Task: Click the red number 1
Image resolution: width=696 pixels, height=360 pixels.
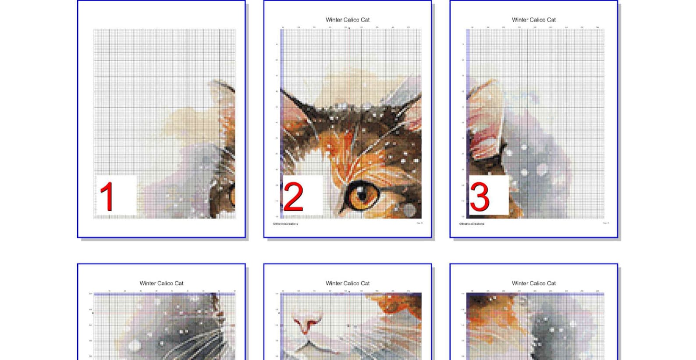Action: click(107, 196)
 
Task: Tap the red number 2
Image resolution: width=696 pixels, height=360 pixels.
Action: click(293, 197)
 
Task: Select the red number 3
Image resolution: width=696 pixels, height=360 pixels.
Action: click(479, 197)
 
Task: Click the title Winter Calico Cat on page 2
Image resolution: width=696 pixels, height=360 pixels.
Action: click(348, 20)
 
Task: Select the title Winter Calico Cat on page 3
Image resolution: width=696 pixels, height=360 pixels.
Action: click(533, 20)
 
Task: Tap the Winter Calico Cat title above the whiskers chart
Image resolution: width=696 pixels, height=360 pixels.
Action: click(161, 283)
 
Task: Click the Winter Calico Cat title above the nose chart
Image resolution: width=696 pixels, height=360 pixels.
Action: click(348, 283)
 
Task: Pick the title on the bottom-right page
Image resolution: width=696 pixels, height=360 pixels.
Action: click(533, 283)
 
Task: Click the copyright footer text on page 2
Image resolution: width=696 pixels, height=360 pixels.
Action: click(286, 224)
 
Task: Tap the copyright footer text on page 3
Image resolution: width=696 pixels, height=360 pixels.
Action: click(472, 224)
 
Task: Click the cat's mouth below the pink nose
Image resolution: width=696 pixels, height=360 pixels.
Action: click(309, 346)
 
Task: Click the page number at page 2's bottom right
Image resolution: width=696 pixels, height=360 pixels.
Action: click(419, 223)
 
